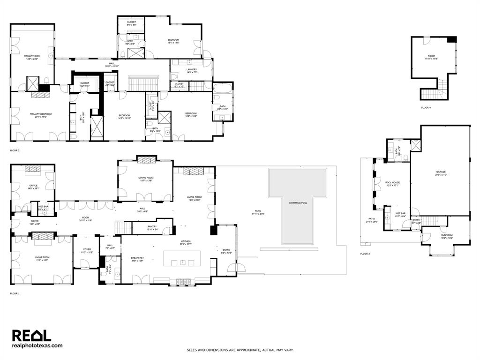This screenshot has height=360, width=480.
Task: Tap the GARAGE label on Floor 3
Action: point(441,172)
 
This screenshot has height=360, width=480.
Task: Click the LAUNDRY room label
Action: point(192,69)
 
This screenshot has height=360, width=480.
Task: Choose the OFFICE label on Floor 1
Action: point(33,185)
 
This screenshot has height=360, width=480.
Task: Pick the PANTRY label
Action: point(152,227)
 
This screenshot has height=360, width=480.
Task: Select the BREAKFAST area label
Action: point(137,257)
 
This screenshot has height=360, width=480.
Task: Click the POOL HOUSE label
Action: point(392,182)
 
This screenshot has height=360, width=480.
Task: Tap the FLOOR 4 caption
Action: point(426,108)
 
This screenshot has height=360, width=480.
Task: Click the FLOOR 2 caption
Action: point(15,150)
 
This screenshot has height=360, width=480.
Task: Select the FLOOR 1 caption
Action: point(15,293)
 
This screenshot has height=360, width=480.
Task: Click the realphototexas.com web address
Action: point(37,345)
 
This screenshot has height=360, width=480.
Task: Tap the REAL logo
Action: point(31,335)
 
